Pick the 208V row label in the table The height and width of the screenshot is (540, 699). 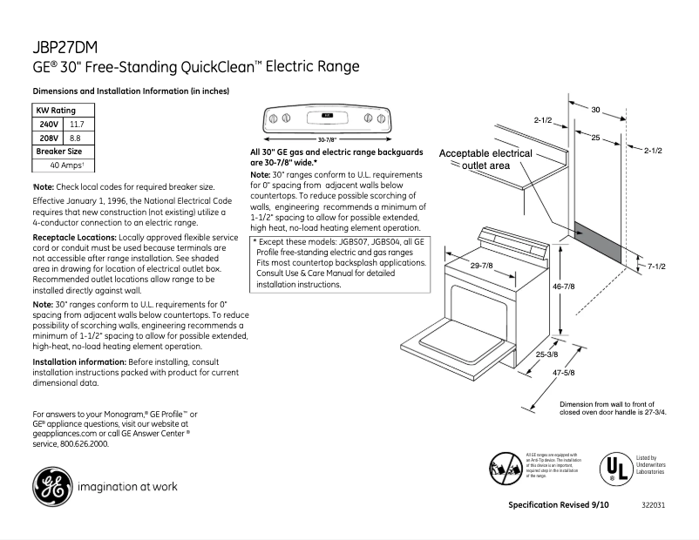point(49,138)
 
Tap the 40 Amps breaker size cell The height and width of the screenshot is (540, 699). point(66,165)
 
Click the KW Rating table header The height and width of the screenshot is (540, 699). point(55,111)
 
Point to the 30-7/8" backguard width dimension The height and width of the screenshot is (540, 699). point(327,139)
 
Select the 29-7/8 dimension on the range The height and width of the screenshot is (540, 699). point(484,265)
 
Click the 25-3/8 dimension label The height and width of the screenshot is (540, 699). point(547,354)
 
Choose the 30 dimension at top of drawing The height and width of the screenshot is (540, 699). point(595,110)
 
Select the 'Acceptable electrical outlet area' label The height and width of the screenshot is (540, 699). point(485,159)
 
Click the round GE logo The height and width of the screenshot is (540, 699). point(51,485)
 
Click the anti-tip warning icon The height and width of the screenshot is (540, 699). point(505,469)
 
